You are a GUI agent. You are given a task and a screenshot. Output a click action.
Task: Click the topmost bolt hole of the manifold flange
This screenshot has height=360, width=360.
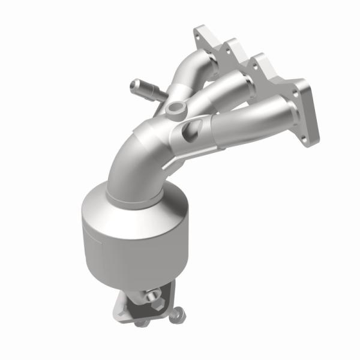click(x=199, y=36)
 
